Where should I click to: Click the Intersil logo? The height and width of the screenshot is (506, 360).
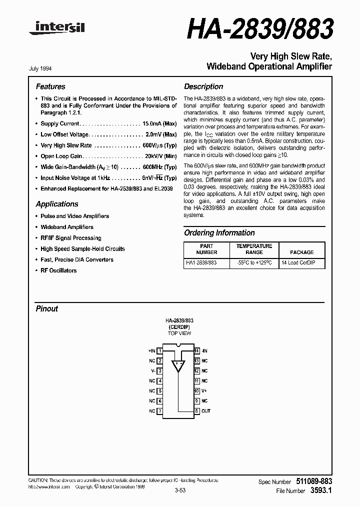[57, 30]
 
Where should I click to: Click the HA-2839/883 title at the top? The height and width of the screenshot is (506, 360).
[260, 30]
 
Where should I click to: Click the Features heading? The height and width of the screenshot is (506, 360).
[50, 86]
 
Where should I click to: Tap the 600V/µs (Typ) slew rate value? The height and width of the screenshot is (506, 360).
[159, 145]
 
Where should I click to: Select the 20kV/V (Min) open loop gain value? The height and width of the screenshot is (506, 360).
[159, 156]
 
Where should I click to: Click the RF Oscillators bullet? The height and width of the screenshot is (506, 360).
[58, 270]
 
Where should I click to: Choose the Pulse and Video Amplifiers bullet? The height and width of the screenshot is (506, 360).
[74, 216]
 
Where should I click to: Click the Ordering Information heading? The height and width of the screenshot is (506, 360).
[219, 233]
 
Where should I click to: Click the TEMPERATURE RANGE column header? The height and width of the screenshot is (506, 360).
[254, 249]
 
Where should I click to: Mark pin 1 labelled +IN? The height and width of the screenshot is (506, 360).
[159, 351]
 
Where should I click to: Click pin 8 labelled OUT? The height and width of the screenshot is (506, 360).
[197, 411]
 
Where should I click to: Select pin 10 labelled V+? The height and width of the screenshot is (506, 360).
[197, 391]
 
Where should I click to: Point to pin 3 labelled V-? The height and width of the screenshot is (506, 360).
[159, 371]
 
